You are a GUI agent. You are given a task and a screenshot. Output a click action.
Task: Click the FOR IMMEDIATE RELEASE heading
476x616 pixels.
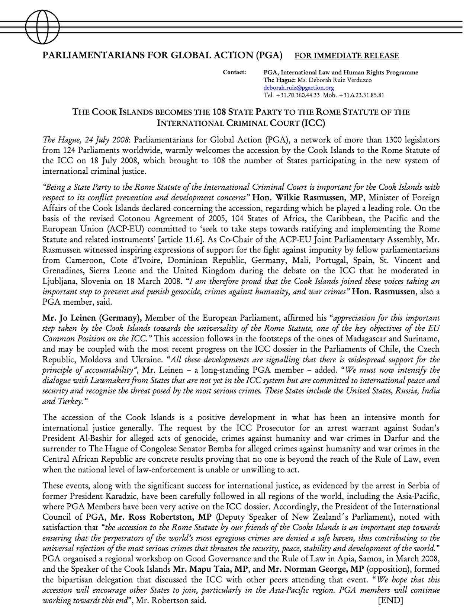point(347,56)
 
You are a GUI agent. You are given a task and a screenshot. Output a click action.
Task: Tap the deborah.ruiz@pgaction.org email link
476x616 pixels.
point(299,88)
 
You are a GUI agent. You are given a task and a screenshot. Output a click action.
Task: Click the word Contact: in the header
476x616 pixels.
point(234,72)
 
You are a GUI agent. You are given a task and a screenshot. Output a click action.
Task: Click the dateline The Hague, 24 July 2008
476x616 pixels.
point(86,140)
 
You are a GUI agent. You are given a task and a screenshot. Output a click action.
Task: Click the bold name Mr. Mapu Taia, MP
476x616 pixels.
point(212,569)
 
